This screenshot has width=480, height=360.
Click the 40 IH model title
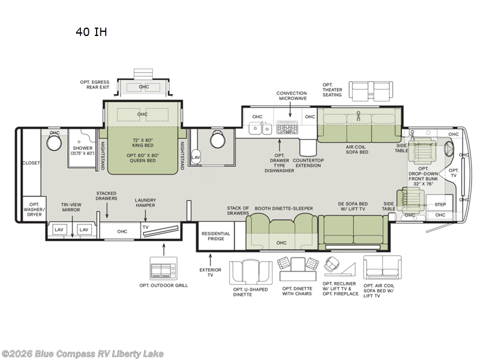91,32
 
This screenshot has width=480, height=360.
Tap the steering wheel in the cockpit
449,149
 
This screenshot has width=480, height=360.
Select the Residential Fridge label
215,236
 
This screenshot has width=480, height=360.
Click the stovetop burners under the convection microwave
287,127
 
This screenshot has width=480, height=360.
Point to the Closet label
31,163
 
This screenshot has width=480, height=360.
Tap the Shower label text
83,148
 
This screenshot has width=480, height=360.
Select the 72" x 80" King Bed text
143,143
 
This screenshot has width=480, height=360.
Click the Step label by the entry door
440,205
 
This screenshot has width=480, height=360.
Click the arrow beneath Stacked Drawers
107,210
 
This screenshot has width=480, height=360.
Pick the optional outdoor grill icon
163,268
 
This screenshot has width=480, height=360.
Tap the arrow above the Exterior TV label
211,260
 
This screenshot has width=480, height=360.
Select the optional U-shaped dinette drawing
251,272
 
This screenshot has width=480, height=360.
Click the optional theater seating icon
371,91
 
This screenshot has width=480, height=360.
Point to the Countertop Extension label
308,163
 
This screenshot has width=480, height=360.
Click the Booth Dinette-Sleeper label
284,208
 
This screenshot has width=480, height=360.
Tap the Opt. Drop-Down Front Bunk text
424,176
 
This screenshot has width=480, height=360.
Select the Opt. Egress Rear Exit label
95,85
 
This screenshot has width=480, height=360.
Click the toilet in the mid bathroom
218,139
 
